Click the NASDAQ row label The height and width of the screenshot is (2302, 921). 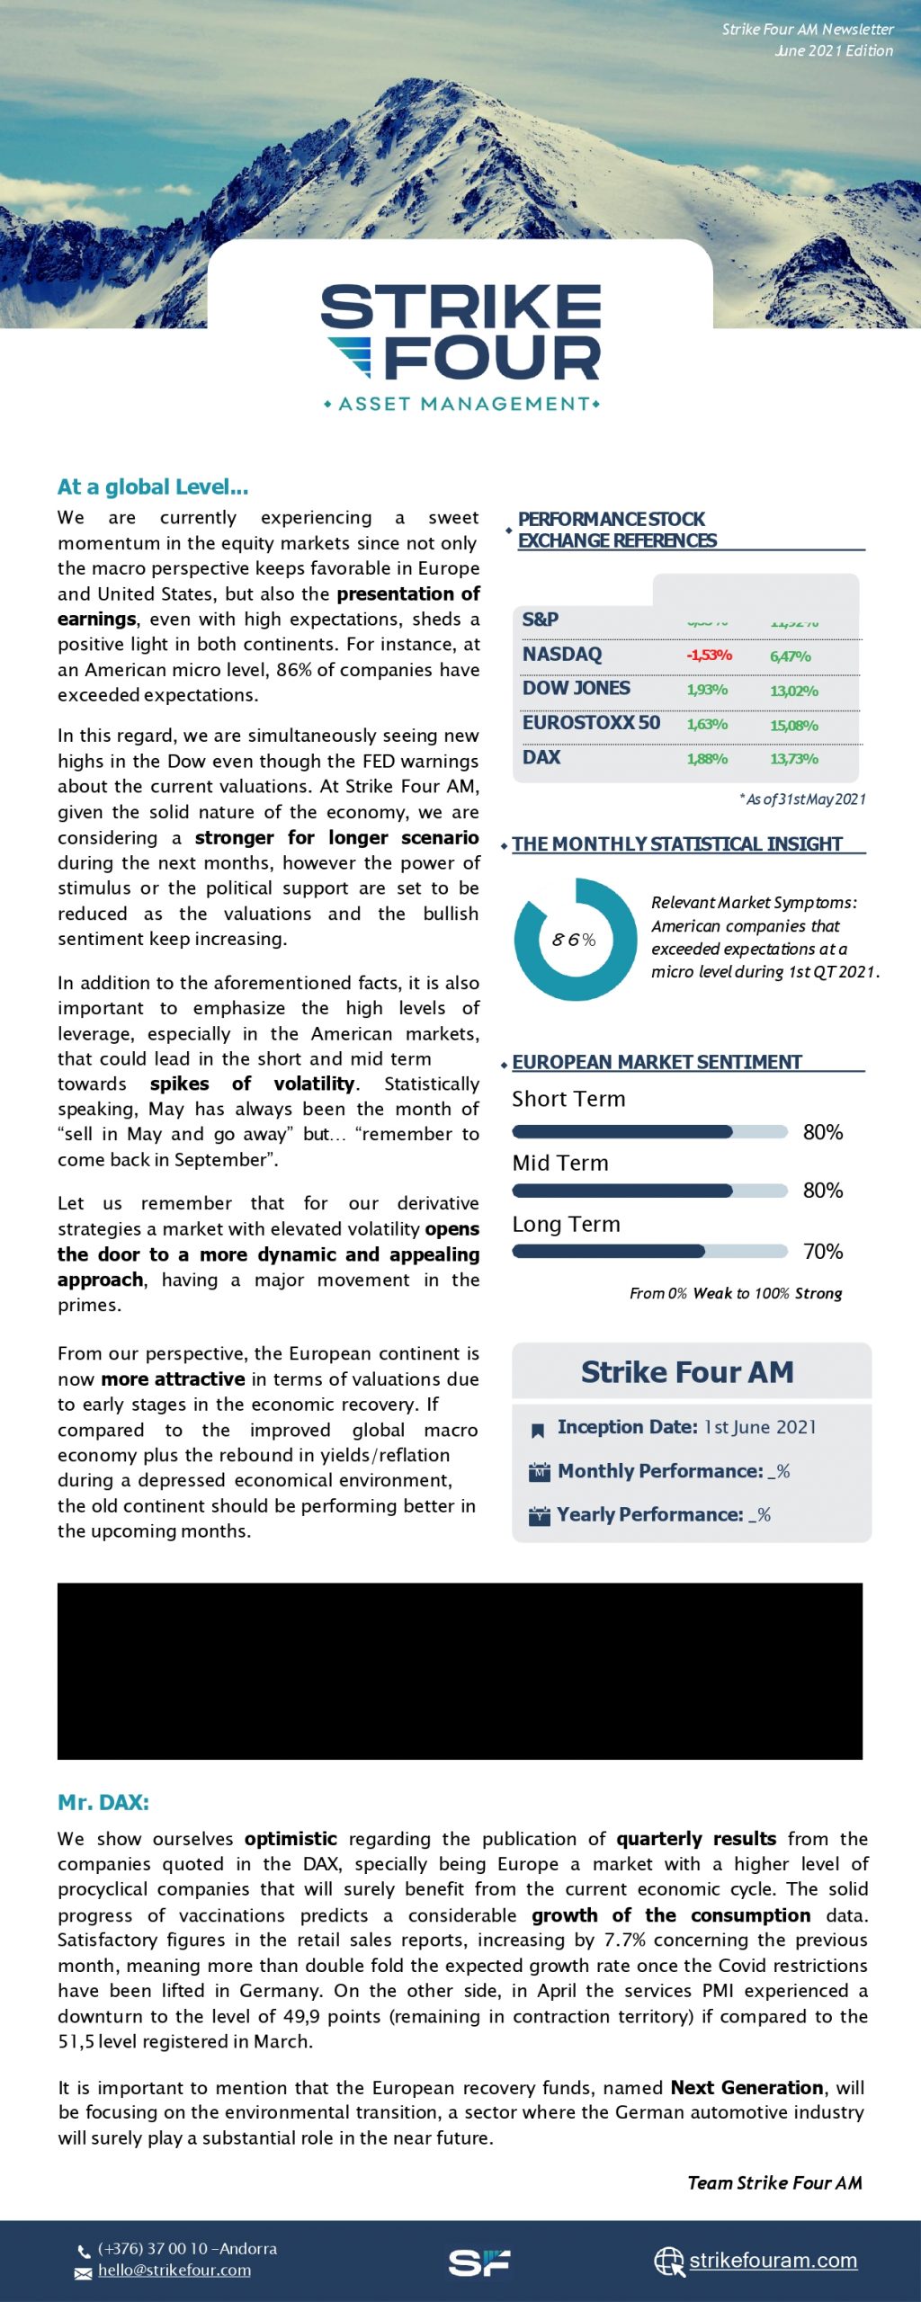point(562,654)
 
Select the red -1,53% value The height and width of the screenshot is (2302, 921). point(709,655)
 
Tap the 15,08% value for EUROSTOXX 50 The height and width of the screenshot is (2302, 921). point(794,725)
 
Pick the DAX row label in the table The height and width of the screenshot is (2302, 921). point(541,757)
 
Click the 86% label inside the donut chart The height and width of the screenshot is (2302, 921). point(574,940)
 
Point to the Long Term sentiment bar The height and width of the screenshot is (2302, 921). point(649,1251)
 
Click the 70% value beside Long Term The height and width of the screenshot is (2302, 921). point(823,1251)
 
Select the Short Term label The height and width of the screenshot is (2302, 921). point(568,1099)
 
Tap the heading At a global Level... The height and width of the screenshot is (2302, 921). point(153,486)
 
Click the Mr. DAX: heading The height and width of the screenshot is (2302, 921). point(103,1802)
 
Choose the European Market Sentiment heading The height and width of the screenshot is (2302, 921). point(657,1062)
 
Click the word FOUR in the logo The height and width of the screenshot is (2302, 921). point(492,359)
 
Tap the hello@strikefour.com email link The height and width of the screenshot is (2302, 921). point(174,2271)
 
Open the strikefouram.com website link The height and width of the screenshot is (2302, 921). point(773,2260)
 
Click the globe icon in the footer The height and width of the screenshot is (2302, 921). point(668,2261)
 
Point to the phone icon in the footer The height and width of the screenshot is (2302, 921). point(84,2252)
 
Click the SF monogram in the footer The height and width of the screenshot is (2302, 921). point(478,2262)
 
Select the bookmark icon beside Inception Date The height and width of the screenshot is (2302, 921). point(538,1430)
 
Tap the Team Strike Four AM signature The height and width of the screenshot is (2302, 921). point(774,2182)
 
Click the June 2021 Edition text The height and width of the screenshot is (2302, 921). point(835,50)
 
